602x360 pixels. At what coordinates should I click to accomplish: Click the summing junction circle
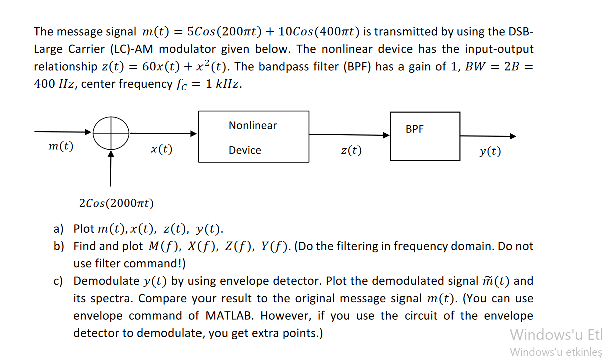tap(111, 133)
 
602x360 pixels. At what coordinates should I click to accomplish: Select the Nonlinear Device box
tap(254, 137)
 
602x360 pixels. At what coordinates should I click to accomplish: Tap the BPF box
tap(425, 136)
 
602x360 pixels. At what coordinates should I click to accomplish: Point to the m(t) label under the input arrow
tap(61, 146)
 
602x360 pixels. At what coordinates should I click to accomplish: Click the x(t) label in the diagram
tap(161, 149)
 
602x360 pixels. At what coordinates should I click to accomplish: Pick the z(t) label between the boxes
tap(351, 150)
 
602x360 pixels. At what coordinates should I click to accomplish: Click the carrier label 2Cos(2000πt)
tap(117, 203)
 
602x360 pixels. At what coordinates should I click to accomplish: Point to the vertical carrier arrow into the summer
tap(111, 168)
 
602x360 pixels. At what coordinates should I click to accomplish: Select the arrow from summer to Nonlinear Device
tap(163, 133)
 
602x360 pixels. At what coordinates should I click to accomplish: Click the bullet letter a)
tap(59, 229)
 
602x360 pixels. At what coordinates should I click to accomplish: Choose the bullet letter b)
tap(59, 246)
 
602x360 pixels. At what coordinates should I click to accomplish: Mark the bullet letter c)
tap(59, 281)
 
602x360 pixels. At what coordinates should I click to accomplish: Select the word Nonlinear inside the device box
tap(253, 125)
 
